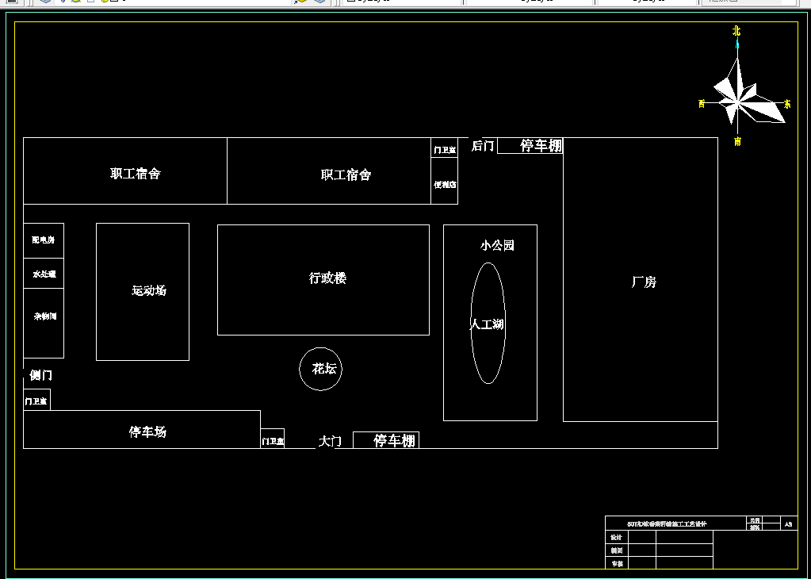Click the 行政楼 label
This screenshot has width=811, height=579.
pos(327,278)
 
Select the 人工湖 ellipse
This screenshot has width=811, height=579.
pos(488,324)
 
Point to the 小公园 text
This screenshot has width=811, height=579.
pos(497,246)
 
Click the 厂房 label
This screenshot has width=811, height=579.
pos(643,282)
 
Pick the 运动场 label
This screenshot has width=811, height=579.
pos(149,291)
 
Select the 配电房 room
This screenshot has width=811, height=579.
pos(44,240)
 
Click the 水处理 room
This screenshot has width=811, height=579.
pos(44,274)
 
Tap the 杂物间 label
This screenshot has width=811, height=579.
pos(44,316)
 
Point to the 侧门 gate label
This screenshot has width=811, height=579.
pos(40,375)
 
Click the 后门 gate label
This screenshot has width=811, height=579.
pos(483,146)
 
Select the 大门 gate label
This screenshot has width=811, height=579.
pos(330,441)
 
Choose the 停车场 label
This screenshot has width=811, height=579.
pos(148,432)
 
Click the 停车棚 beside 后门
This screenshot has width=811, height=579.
pos(541,146)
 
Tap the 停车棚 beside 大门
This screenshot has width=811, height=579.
pos(394,441)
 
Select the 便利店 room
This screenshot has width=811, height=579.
pos(445,185)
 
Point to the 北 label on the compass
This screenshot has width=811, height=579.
pos(736,31)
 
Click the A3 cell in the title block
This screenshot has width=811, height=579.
pos(788,524)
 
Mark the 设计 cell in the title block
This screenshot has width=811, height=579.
pos(617,538)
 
